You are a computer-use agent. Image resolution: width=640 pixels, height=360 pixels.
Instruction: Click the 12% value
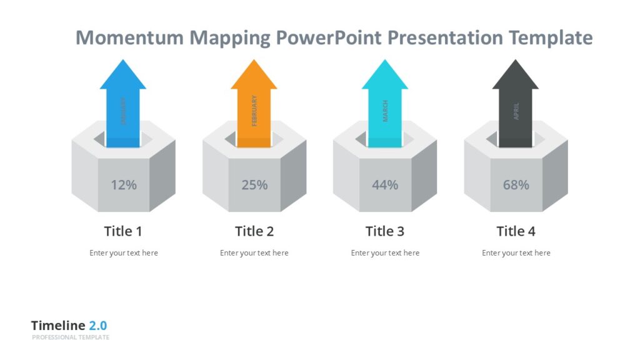[x=123, y=185]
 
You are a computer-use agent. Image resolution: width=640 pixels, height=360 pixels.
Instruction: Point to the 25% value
[x=254, y=185]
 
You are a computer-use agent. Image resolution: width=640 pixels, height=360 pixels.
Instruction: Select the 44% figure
[x=385, y=185]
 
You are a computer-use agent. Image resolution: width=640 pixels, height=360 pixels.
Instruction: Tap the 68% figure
[x=516, y=185]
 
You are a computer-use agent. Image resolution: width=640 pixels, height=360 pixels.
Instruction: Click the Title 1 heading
[x=123, y=231]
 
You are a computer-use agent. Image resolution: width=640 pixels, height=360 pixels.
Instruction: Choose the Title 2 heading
[x=254, y=231]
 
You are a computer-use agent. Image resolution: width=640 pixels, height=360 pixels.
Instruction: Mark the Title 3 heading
[x=385, y=231]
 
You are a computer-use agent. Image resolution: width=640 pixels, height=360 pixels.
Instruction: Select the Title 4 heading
[x=516, y=231]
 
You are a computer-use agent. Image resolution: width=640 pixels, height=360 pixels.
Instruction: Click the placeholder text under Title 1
[x=124, y=253]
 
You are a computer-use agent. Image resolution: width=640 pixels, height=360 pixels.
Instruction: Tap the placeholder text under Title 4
[x=516, y=253]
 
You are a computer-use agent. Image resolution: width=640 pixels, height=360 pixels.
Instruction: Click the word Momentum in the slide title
[x=130, y=38]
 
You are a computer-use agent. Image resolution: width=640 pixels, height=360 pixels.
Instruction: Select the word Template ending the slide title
[x=551, y=38]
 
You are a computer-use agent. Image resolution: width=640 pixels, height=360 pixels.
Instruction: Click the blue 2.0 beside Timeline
[x=97, y=326]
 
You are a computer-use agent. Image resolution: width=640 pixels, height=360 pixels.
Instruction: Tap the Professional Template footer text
[x=71, y=337]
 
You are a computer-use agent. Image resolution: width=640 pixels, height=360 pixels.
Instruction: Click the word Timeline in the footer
[x=58, y=326]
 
